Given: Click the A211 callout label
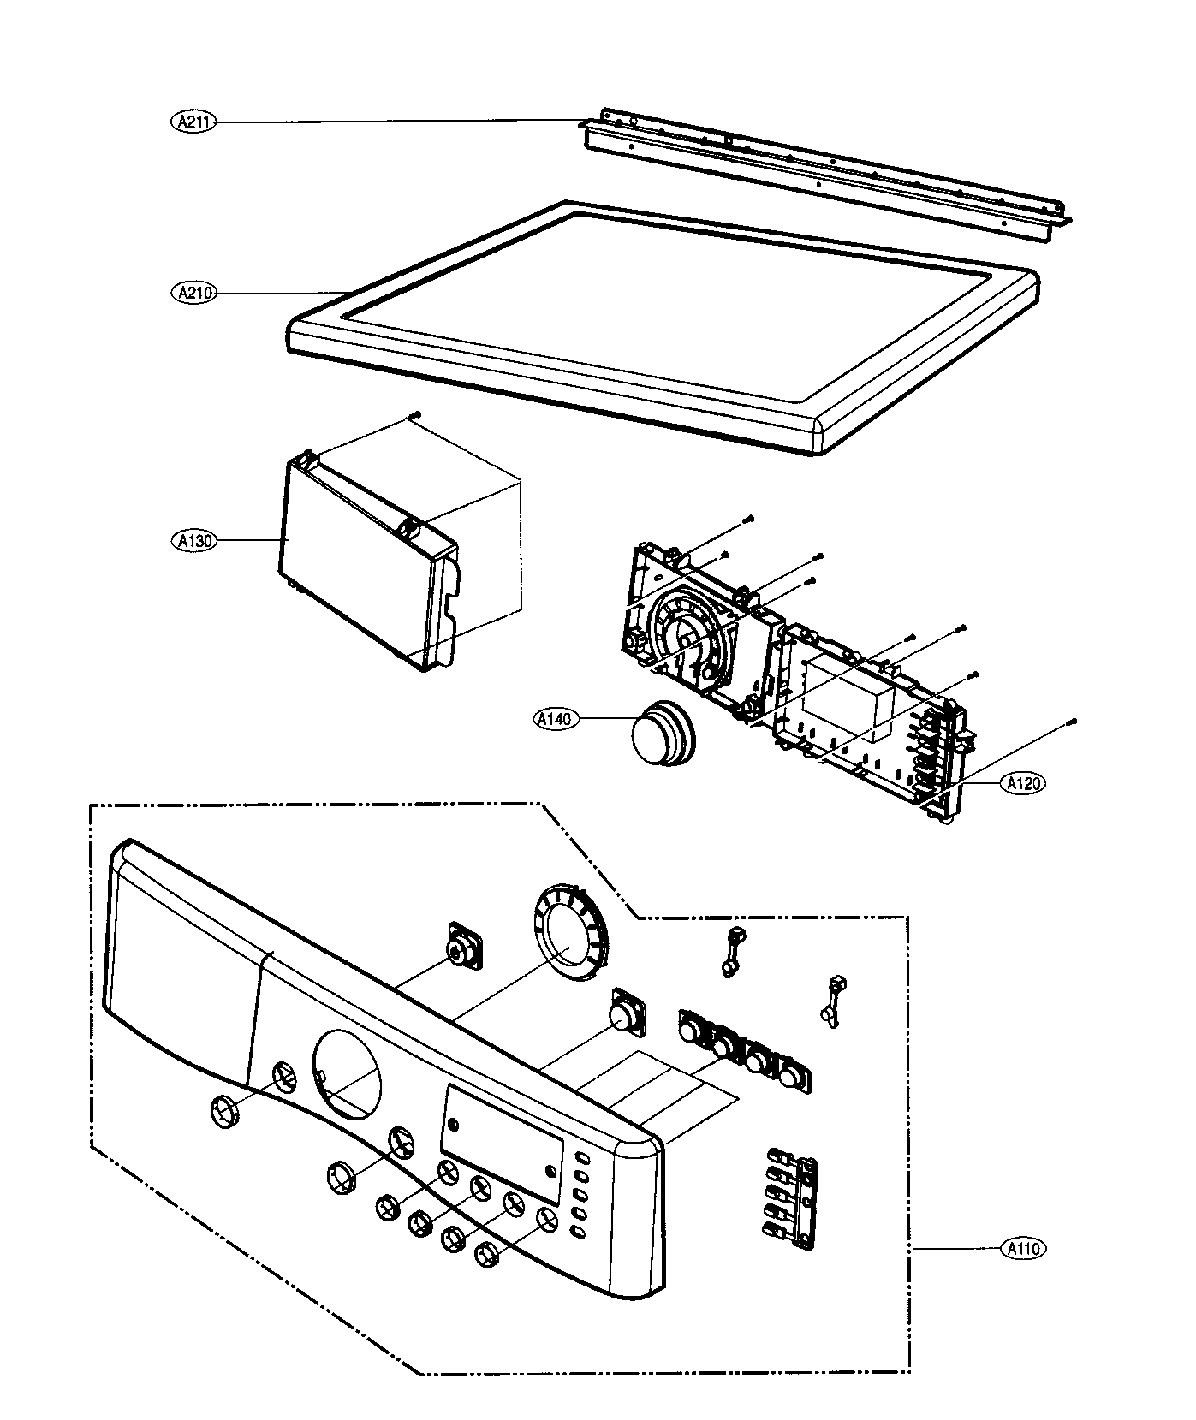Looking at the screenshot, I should point(193,123).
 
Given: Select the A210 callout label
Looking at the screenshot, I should point(193,293).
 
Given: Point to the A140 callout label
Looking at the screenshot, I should point(555,720).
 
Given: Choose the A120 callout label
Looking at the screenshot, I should point(1024,782).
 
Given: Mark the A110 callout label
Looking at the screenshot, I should point(1024,1249).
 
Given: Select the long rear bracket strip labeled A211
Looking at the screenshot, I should point(822,171).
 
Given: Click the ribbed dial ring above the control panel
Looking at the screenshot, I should point(567,934).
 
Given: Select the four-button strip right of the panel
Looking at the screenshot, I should point(744,1049).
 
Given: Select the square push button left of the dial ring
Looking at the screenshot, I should point(465,947).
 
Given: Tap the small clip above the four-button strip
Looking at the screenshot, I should point(731,950).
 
